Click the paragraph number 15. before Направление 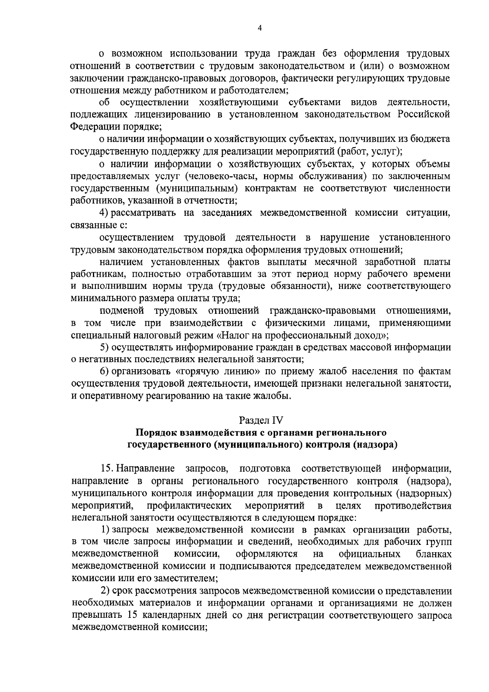(108, 469)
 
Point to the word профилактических (189, 506)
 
